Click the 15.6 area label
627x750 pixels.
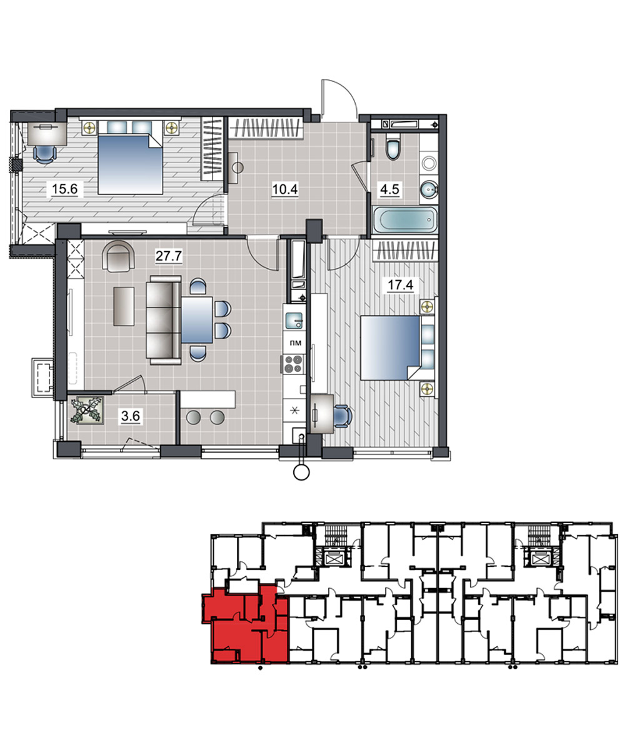pos(64,189)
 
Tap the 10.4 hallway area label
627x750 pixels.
pos(285,189)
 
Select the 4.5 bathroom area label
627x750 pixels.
pos(390,189)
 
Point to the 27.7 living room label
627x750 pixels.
pos(169,256)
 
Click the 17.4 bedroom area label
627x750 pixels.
pos(400,285)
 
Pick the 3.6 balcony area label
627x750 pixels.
pos(131,416)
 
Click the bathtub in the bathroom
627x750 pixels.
pos(405,220)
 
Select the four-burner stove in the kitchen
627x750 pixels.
pos(294,364)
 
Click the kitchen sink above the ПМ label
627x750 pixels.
pos(294,321)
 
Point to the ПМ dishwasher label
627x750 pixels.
pos(295,343)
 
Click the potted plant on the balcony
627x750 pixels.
pos(86,410)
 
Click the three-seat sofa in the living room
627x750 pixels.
pos(164,320)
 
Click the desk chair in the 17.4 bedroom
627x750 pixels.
pos(343,417)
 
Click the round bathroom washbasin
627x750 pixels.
pos(429,189)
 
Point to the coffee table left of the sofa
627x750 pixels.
pos(124,306)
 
